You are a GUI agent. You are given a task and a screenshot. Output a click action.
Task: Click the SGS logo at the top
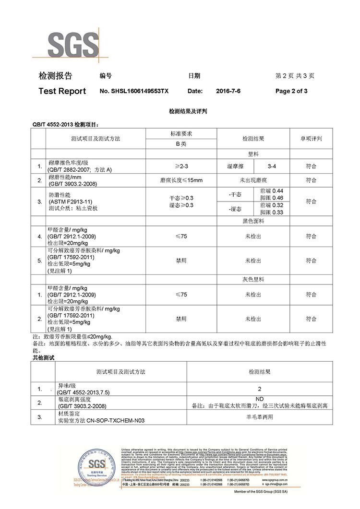point(72,44)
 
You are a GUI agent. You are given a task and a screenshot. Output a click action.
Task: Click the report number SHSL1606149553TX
point(134,91)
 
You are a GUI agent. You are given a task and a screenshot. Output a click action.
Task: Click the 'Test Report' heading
point(62,91)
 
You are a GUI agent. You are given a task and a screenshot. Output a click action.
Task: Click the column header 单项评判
point(311,139)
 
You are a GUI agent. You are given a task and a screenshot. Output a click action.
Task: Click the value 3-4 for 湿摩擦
point(272,166)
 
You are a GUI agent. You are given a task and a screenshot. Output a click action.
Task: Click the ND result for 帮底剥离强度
point(260,399)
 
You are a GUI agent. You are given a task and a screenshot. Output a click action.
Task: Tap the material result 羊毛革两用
point(260,417)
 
